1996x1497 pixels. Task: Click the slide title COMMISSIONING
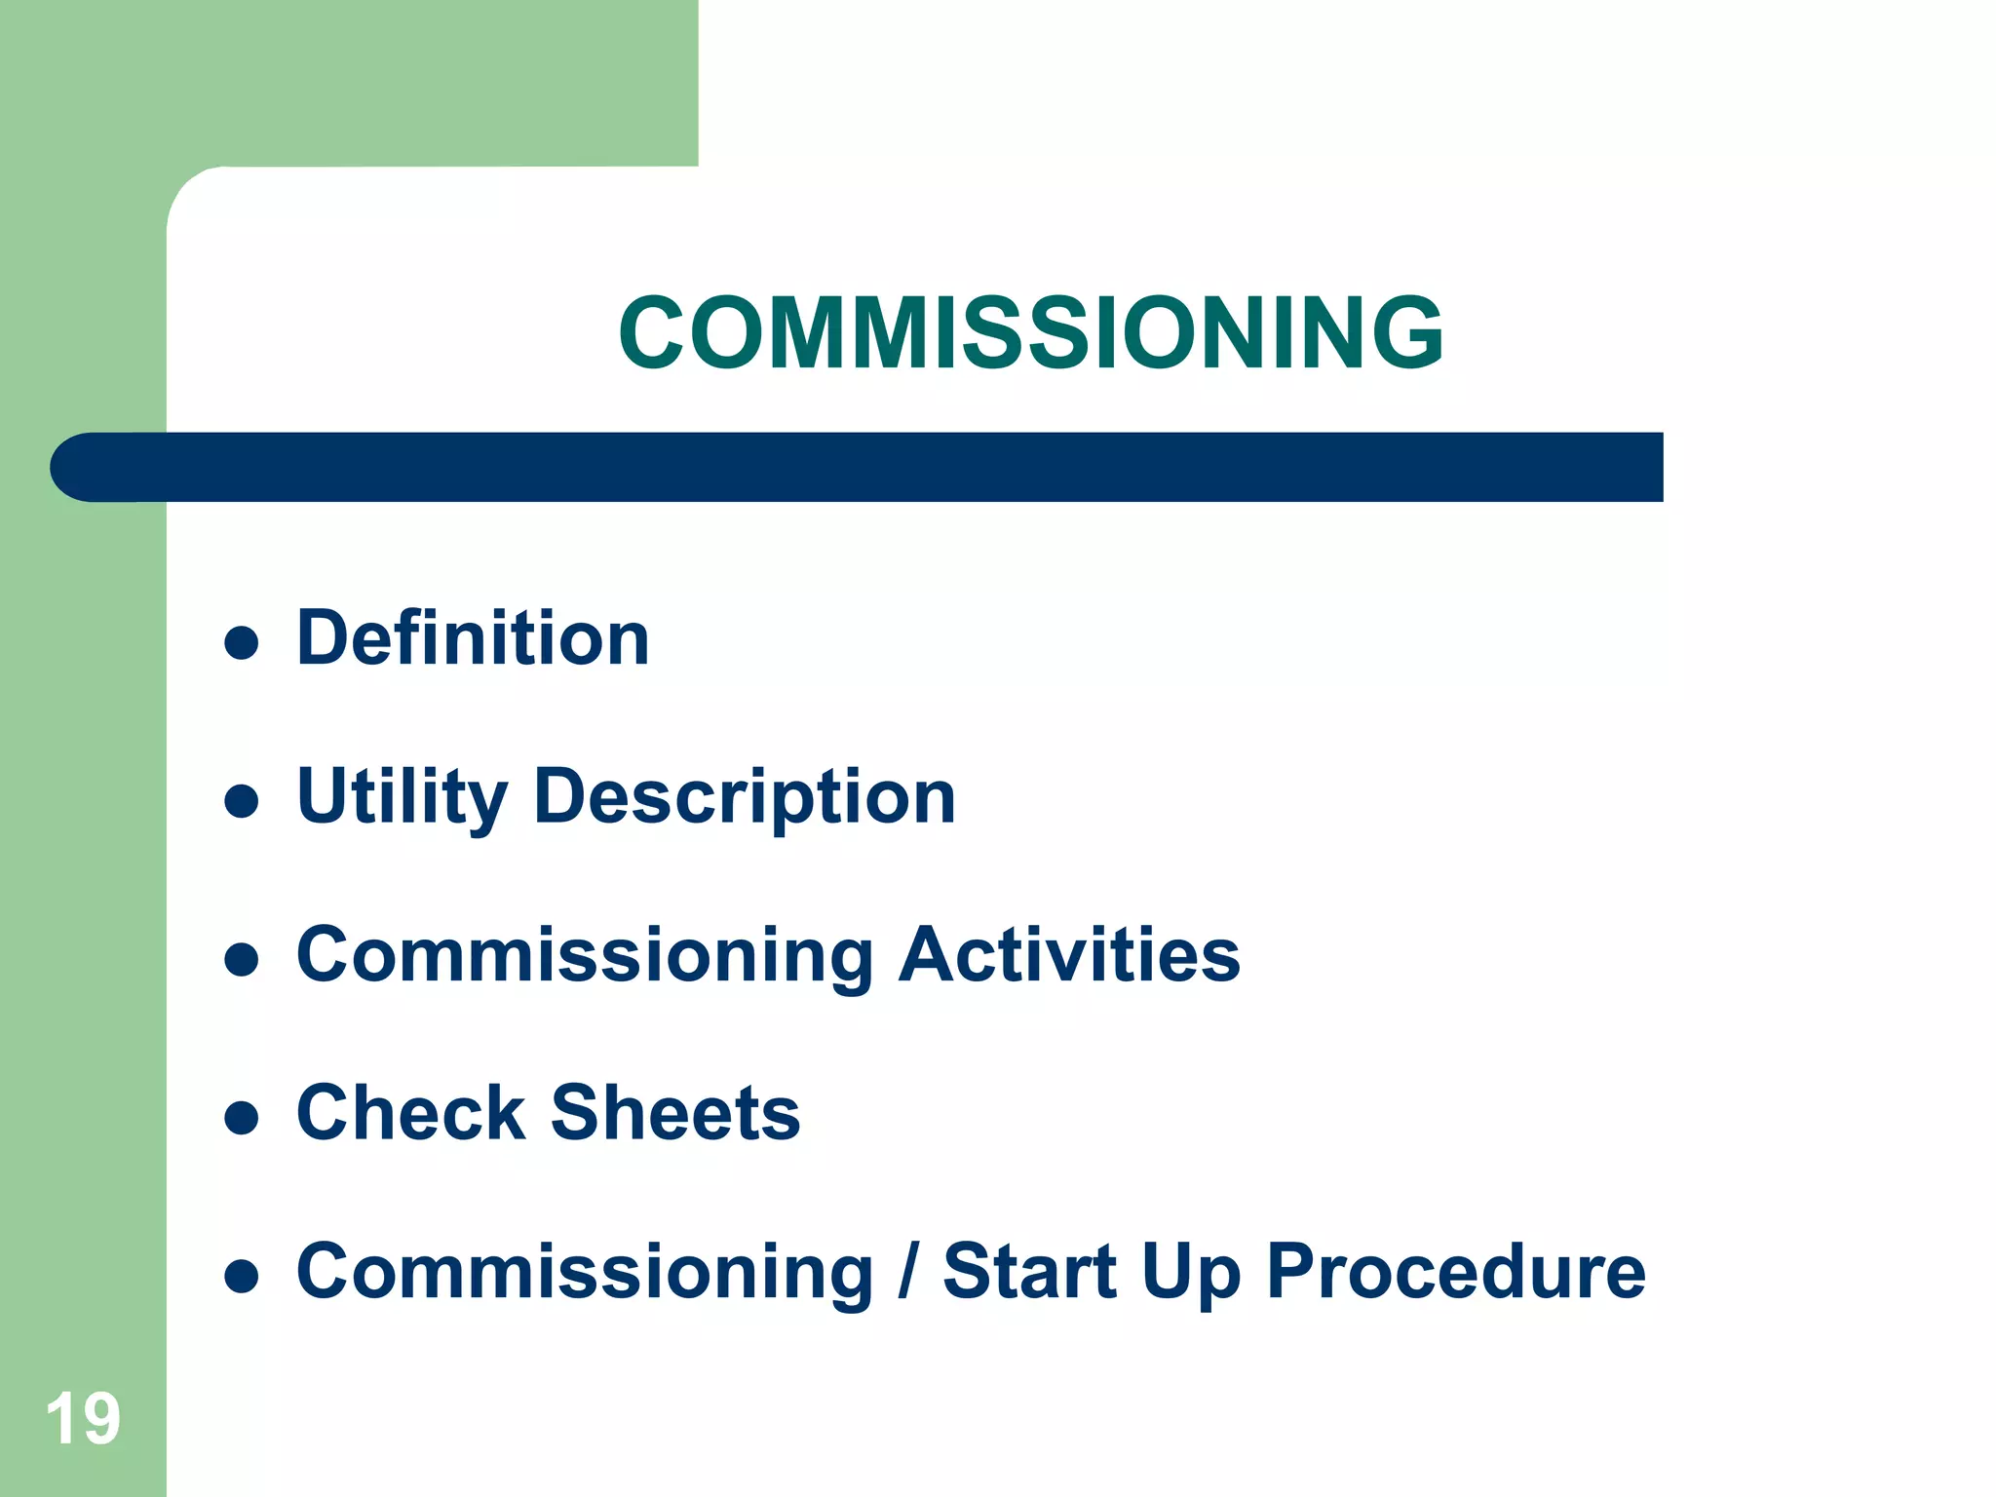1030,333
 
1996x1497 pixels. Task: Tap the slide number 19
83,1419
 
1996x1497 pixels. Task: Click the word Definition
473,638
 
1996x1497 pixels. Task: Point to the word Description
745,798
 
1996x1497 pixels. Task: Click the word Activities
1069,955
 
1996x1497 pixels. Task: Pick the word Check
410,1113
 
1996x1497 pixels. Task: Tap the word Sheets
675,1113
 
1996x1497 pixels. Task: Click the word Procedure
1456,1272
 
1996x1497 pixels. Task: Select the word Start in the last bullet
1029,1272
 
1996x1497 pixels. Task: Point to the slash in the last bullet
908,1272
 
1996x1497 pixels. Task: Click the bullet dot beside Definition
241,643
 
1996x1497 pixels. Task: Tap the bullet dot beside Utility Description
241,802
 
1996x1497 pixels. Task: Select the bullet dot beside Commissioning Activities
241,960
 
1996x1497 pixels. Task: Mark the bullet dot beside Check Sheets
241,1118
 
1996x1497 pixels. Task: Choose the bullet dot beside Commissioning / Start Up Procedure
241,1276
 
